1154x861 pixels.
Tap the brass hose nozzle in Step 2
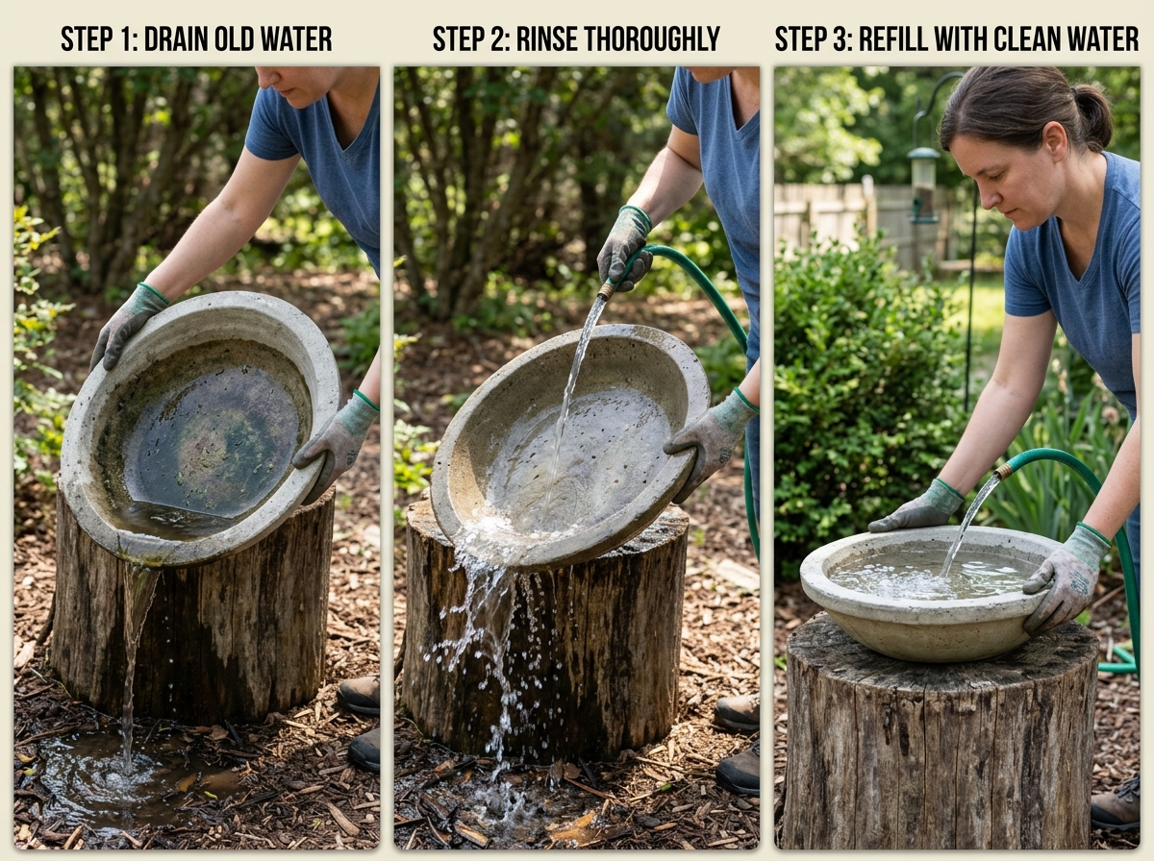click(607, 288)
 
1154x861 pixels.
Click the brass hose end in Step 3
click(1003, 471)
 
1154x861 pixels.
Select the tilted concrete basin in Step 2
click(567, 442)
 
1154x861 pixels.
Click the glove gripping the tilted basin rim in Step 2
click(712, 437)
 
